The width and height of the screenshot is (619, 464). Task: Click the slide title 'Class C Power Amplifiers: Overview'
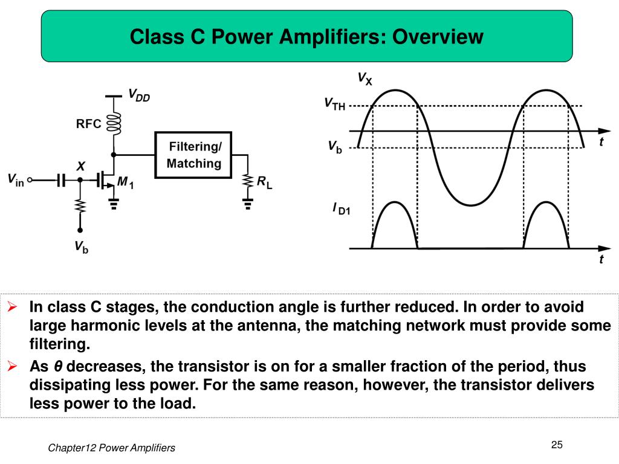tap(306, 37)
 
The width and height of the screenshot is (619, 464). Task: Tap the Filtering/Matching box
tap(193, 155)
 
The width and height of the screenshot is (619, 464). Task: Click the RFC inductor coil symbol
tap(114, 124)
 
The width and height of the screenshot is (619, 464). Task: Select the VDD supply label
tap(138, 95)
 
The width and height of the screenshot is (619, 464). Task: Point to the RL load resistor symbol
tap(248, 181)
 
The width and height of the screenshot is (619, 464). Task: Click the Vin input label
tap(15, 179)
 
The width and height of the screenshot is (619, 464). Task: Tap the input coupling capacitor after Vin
tap(60, 179)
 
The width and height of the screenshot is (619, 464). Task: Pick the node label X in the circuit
tap(80, 166)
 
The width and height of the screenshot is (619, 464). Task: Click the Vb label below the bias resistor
tap(81, 246)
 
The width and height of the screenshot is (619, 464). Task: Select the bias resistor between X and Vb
tap(80, 205)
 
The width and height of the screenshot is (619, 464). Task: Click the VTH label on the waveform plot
tap(334, 104)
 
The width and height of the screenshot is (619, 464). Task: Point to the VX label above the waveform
tap(365, 78)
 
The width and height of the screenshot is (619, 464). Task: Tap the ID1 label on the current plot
tap(341, 209)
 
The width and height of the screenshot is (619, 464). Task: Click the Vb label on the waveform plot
tap(334, 146)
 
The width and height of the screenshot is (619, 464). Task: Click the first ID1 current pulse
tap(394, 224)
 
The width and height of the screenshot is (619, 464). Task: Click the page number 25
tap(557, 445)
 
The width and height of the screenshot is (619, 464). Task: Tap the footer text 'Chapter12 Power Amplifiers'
tap(111, 448)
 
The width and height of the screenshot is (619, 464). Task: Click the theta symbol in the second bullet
tap(58, 367)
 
